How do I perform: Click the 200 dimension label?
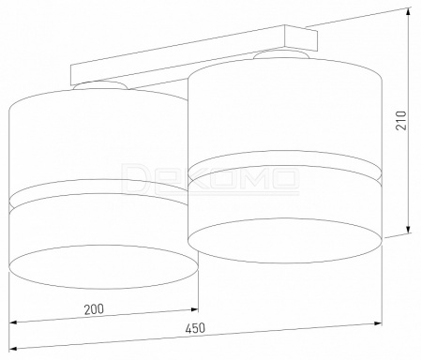[x=94, y=308]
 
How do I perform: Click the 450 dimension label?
[x=195, y=328]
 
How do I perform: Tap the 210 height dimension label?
[x=401, y=120]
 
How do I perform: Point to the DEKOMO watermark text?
[x=210, y=178]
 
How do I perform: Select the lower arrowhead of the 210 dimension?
[x=409, y=227]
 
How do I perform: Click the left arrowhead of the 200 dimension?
[x=13, y=322]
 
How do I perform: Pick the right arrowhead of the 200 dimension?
[x=194, y=309]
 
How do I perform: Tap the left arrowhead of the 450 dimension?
[x=13, y=349]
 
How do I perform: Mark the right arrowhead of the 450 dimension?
[x=378, y=323]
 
